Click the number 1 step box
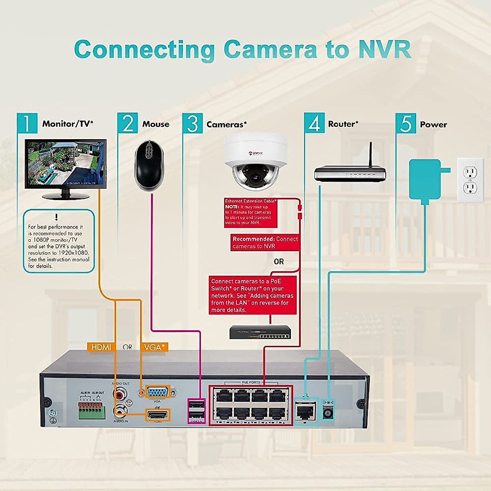(x=27, y=123)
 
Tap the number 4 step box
(x=314, y=123)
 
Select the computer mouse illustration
(x=149, y=165)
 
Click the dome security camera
(x=255, y=162)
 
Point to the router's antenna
(x=371, y=155)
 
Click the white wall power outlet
(x=470, y=180)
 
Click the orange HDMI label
(x=101, y=347)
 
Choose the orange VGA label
(x=154, y=347)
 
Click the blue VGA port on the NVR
(x=157, y=392)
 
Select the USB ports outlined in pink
(x=196, y=410)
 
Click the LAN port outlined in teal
(x=306, y=410)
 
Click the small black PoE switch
(x=260, y=332)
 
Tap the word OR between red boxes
(x=279, y=261)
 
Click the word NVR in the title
(x=384, y=49)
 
